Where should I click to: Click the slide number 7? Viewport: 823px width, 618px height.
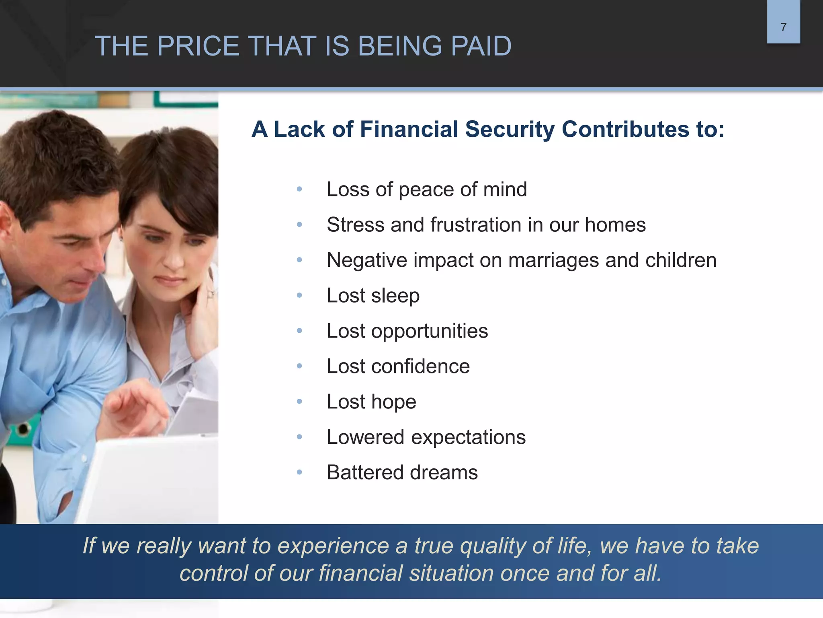pos(783,27)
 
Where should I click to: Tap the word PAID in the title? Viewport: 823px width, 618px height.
pos(481,46)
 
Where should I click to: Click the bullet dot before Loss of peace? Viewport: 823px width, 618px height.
pos(299,189)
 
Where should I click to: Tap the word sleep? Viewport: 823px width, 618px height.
pos(395,296)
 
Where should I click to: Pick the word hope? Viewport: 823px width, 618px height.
pos(393,402)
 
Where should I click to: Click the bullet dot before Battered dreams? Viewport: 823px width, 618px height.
pos(299,472)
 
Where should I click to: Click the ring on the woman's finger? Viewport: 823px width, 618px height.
pos(210,295)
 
